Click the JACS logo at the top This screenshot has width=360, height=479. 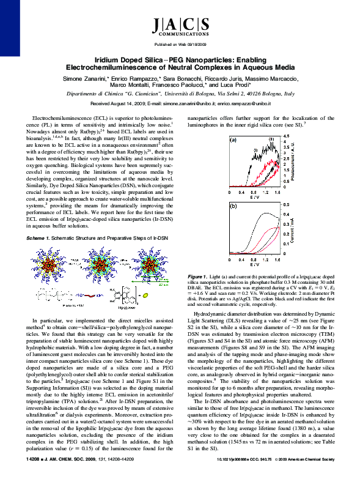click(179, 26)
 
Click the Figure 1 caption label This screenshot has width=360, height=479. click(199, 277)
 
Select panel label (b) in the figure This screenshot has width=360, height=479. click(233, 206)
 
